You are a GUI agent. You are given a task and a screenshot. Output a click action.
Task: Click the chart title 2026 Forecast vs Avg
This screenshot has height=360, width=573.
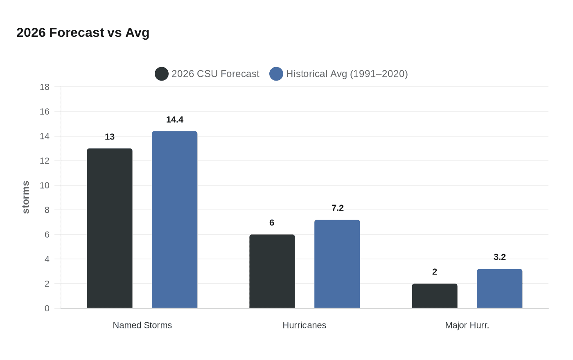83,33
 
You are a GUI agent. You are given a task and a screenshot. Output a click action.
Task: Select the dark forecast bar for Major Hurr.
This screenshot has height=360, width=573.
434,296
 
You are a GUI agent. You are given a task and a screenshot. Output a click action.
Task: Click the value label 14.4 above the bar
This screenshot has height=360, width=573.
175,120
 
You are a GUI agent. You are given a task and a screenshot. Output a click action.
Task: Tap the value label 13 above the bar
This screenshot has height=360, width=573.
110,137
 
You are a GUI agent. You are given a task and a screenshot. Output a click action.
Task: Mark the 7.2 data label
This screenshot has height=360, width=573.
338,208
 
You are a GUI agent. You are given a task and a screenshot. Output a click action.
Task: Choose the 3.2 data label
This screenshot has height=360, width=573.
500,257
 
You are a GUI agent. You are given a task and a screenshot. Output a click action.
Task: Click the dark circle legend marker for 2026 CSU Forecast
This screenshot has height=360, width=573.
162,74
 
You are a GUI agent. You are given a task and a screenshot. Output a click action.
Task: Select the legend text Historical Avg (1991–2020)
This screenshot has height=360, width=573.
347,74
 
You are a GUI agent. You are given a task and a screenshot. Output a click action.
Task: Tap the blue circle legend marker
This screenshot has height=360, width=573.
276,74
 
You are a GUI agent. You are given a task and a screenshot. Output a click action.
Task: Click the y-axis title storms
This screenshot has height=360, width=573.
26,197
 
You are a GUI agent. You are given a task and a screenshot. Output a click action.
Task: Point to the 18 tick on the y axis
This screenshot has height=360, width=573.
45,87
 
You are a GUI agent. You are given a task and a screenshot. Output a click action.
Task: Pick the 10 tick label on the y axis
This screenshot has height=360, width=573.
45,185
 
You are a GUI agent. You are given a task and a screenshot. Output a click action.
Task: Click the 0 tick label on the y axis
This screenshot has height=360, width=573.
47,308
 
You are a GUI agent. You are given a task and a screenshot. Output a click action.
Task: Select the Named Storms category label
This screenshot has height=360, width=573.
142,325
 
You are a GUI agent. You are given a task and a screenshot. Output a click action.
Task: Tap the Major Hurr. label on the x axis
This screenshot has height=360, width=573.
467,325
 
